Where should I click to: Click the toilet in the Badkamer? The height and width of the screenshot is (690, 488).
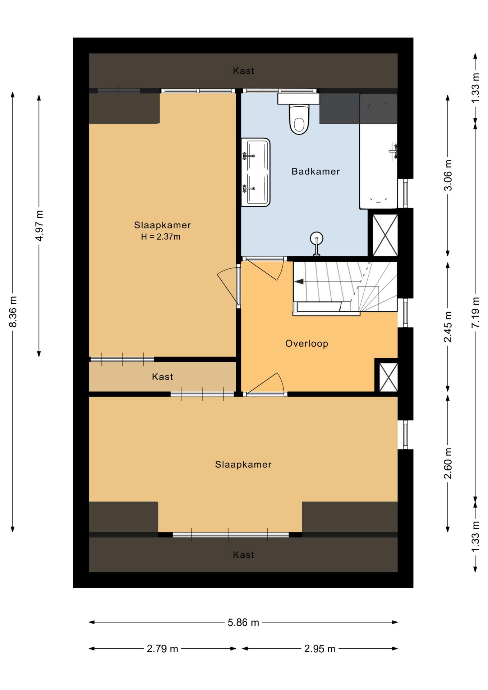click(x=299, y=119)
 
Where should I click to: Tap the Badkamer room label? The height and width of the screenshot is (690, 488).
click(x=316, y=171)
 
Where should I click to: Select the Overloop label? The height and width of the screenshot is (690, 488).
click(x=307, y=344)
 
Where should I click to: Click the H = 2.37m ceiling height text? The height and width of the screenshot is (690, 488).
click(x=161, y=237)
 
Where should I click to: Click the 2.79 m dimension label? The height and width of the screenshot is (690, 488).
click(x=162, y=649)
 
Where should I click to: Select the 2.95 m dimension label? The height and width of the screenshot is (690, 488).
click(x=320, y=649)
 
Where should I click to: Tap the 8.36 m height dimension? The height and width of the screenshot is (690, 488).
click(x=13, y=312)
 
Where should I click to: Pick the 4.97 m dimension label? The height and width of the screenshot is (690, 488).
click(x=40, y=226)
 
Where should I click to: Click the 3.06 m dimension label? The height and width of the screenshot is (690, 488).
click(x=448, y=175)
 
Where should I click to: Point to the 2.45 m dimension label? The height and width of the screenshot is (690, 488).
click(x=448, y=327)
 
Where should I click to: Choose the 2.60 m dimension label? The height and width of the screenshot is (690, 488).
click(x=448, y=464)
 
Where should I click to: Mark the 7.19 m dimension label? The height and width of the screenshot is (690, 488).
click(x=475, y=312)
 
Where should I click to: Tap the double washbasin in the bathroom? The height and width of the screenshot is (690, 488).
click(x=255, y=172)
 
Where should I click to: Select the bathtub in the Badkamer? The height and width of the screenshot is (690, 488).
click(x=378, y=151)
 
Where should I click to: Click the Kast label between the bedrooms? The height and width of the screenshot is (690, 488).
click(x=162, y=377)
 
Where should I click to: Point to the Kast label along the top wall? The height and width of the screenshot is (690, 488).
click(x=243, y=71)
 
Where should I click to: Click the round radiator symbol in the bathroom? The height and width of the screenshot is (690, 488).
click(x=317, y=238)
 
